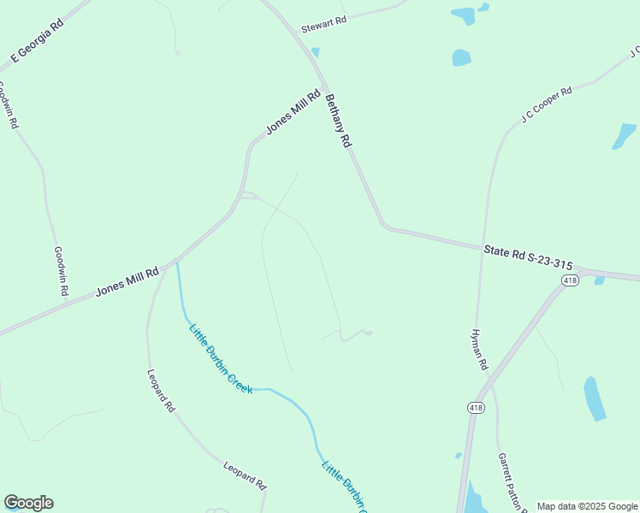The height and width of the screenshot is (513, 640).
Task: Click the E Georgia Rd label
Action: coord(37,39)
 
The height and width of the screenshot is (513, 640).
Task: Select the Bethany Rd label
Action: coord(339,121)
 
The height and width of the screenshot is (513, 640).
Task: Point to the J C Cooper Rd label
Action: coord(546,104)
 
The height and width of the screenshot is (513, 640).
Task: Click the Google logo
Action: coord(28,503)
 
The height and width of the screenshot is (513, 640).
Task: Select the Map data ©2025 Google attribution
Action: coord(587,506)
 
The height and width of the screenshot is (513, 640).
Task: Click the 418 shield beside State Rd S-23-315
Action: coord(571,280)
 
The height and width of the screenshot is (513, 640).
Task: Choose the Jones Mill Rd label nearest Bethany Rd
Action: coord(293,112)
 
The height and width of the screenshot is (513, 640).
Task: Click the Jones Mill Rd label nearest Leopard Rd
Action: coord(127,281)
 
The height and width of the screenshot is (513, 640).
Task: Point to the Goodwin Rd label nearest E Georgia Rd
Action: coord(7,105)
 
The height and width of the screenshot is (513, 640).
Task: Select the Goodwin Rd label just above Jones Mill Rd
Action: coord(61,271)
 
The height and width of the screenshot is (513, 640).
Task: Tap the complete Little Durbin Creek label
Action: coord(220,357)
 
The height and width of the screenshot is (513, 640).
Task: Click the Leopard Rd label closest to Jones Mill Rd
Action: coord(160,392)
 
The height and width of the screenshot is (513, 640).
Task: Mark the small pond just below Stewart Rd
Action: coord(316,52)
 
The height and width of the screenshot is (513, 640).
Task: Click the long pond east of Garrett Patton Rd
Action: coord(594,398)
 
